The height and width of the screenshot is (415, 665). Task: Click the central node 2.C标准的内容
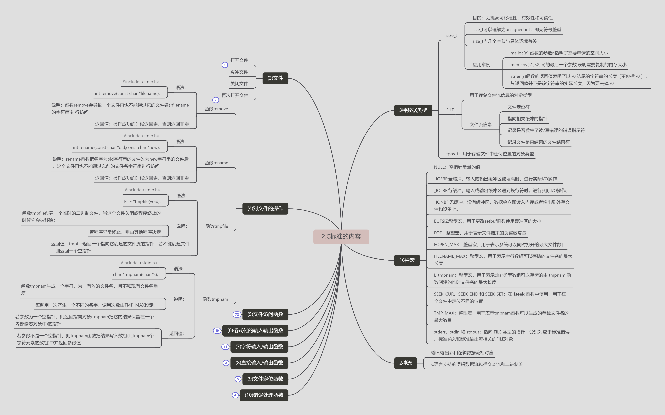tap(341, 237)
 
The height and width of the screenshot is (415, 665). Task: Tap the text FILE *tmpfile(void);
tap(142, 202)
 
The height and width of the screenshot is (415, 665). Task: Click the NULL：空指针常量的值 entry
tap(457, 167)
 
